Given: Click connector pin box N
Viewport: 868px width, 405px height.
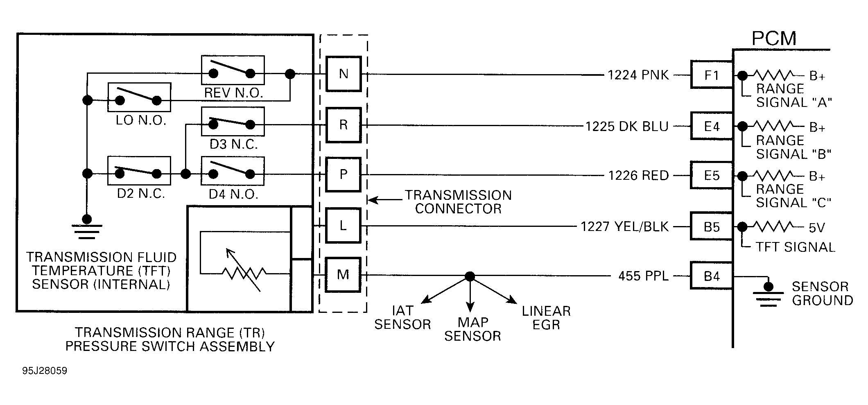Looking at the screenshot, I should point(343,74).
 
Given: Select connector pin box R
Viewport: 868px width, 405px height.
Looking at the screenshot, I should point(343,125).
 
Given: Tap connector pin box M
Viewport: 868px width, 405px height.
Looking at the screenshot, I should point(343,275).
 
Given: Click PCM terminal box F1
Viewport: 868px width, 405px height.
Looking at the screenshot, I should point(712,75).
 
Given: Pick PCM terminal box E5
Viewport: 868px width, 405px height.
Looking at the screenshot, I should point(712,176).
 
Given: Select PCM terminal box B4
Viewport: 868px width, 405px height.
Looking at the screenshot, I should point(712,276).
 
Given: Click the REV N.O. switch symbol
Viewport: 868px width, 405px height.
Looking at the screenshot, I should point(233,70).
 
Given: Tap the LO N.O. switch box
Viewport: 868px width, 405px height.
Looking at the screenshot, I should point(139,97).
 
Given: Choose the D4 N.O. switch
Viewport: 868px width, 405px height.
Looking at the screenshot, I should point(233,171).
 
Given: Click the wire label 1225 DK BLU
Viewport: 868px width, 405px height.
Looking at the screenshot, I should point(626,127).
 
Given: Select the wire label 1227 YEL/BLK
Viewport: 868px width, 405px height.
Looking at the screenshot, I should point(624,226).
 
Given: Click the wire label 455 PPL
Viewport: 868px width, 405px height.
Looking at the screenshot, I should point(643,276).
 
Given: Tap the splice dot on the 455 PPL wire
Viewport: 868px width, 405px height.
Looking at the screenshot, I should point(470,276).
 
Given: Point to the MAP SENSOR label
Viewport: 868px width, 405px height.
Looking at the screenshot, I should point(472,329).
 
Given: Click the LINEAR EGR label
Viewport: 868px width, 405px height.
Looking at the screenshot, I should point(546,318).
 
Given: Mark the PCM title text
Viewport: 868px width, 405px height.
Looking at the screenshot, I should point(774,38).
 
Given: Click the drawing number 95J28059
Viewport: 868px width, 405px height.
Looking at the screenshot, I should point(45,371).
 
